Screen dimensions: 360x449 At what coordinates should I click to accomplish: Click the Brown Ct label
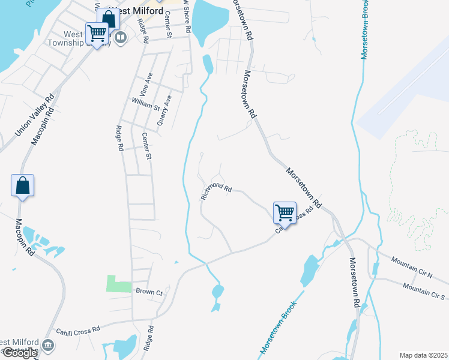tap(149, 292)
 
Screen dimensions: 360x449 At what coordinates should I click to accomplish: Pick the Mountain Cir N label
tap(412, 268)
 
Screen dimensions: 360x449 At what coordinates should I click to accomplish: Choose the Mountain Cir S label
tap(424, 292)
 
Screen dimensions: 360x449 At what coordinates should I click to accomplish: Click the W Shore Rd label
tap(187, 16)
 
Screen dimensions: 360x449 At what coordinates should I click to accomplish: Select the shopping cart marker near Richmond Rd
tap(285, 212)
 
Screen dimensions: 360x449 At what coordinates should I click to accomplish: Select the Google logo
tap(19, 353)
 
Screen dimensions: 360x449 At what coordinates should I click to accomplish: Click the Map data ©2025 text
tap(423, 355)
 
